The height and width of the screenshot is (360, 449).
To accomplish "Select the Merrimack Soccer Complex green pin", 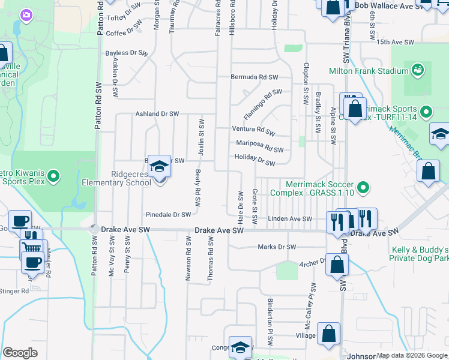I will [363, 189].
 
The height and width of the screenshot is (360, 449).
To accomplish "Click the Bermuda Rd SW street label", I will [255, 77].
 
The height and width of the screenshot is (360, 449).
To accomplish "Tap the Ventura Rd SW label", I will [253, 130].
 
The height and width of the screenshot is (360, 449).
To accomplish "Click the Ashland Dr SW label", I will [157, 113].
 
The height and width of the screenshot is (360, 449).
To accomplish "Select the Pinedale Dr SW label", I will [169, 214].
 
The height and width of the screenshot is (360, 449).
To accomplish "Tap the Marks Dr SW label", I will [277, 247].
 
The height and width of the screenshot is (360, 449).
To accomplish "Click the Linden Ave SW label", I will [290, 219].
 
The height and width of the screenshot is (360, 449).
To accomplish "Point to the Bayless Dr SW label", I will [126, 53].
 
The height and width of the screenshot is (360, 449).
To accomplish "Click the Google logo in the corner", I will [20, 353].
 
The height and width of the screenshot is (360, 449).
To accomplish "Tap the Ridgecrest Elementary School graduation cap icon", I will [159, 166].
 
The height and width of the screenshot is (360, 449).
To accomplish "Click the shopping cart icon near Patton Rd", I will [31, 247].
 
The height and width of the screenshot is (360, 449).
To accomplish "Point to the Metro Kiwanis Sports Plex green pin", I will [53, 176].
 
